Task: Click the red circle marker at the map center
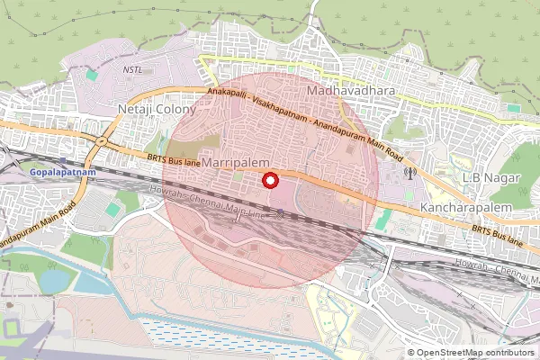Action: pyautogui.click(x=269, y=180)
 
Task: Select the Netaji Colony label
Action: pyautogui.click(x=150, y=109)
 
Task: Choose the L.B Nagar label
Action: pyautogui.click(x=486, y=177)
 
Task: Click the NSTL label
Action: pyautogui.click(x=133, y=68)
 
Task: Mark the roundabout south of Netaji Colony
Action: pyautogui.click(x=102, y=140)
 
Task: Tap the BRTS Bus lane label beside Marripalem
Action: pyautogui.click(x=171, y=158)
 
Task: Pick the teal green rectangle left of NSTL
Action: pyautogui.click(x=91, y=76)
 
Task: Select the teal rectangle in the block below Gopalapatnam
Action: pyautogui.click(x=112, y=210)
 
